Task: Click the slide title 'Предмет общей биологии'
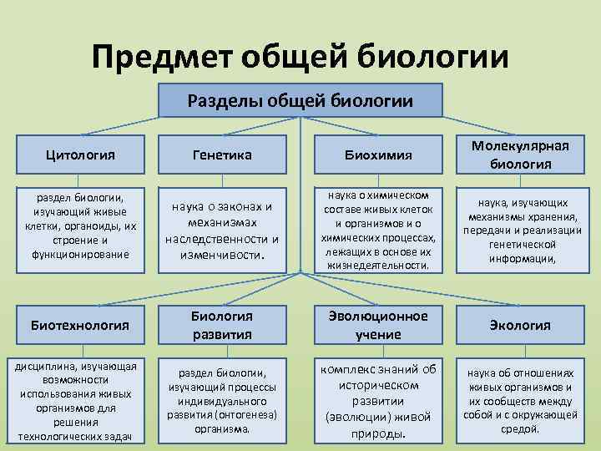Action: coord(300,57)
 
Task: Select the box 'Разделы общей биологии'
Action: coord(300,101)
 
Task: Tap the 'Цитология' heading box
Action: coord(81,155)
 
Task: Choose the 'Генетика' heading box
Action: coord(222,155)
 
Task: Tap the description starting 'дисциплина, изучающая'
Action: coord(80,401)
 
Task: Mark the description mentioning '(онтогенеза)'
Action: coord(222,401)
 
